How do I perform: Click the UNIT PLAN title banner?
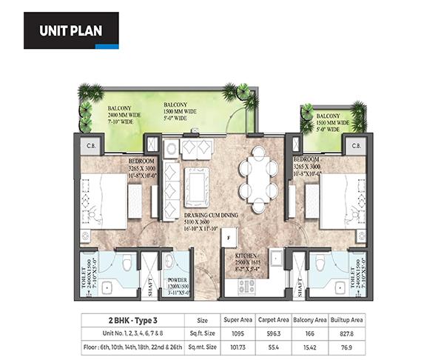pyautogui.click(x=71, y=30)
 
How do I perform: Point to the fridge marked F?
pyautogui.click(x=229, y=238)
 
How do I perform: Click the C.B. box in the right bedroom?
pyautogui.click(x=355, y=145)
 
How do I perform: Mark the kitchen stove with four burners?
pyautogui.click(x=244, y=284)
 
